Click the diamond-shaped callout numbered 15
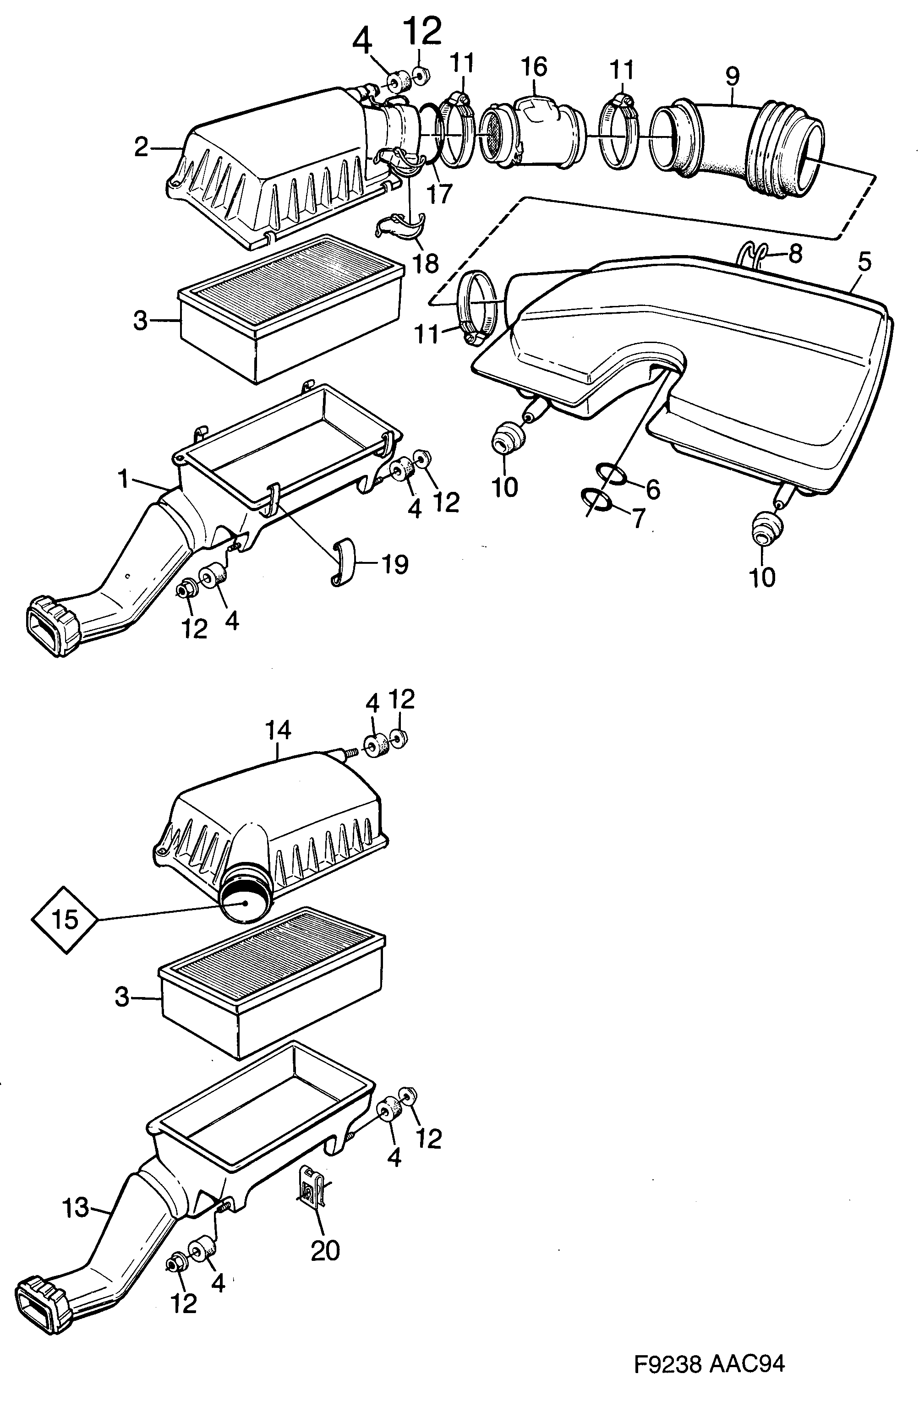click(65, 920)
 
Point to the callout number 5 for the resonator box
click(864, 262)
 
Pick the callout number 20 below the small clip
click(652, 490)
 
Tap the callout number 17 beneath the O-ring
click(440, 193)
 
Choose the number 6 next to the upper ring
click(652, 490)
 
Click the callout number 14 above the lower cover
click(278, 731)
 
